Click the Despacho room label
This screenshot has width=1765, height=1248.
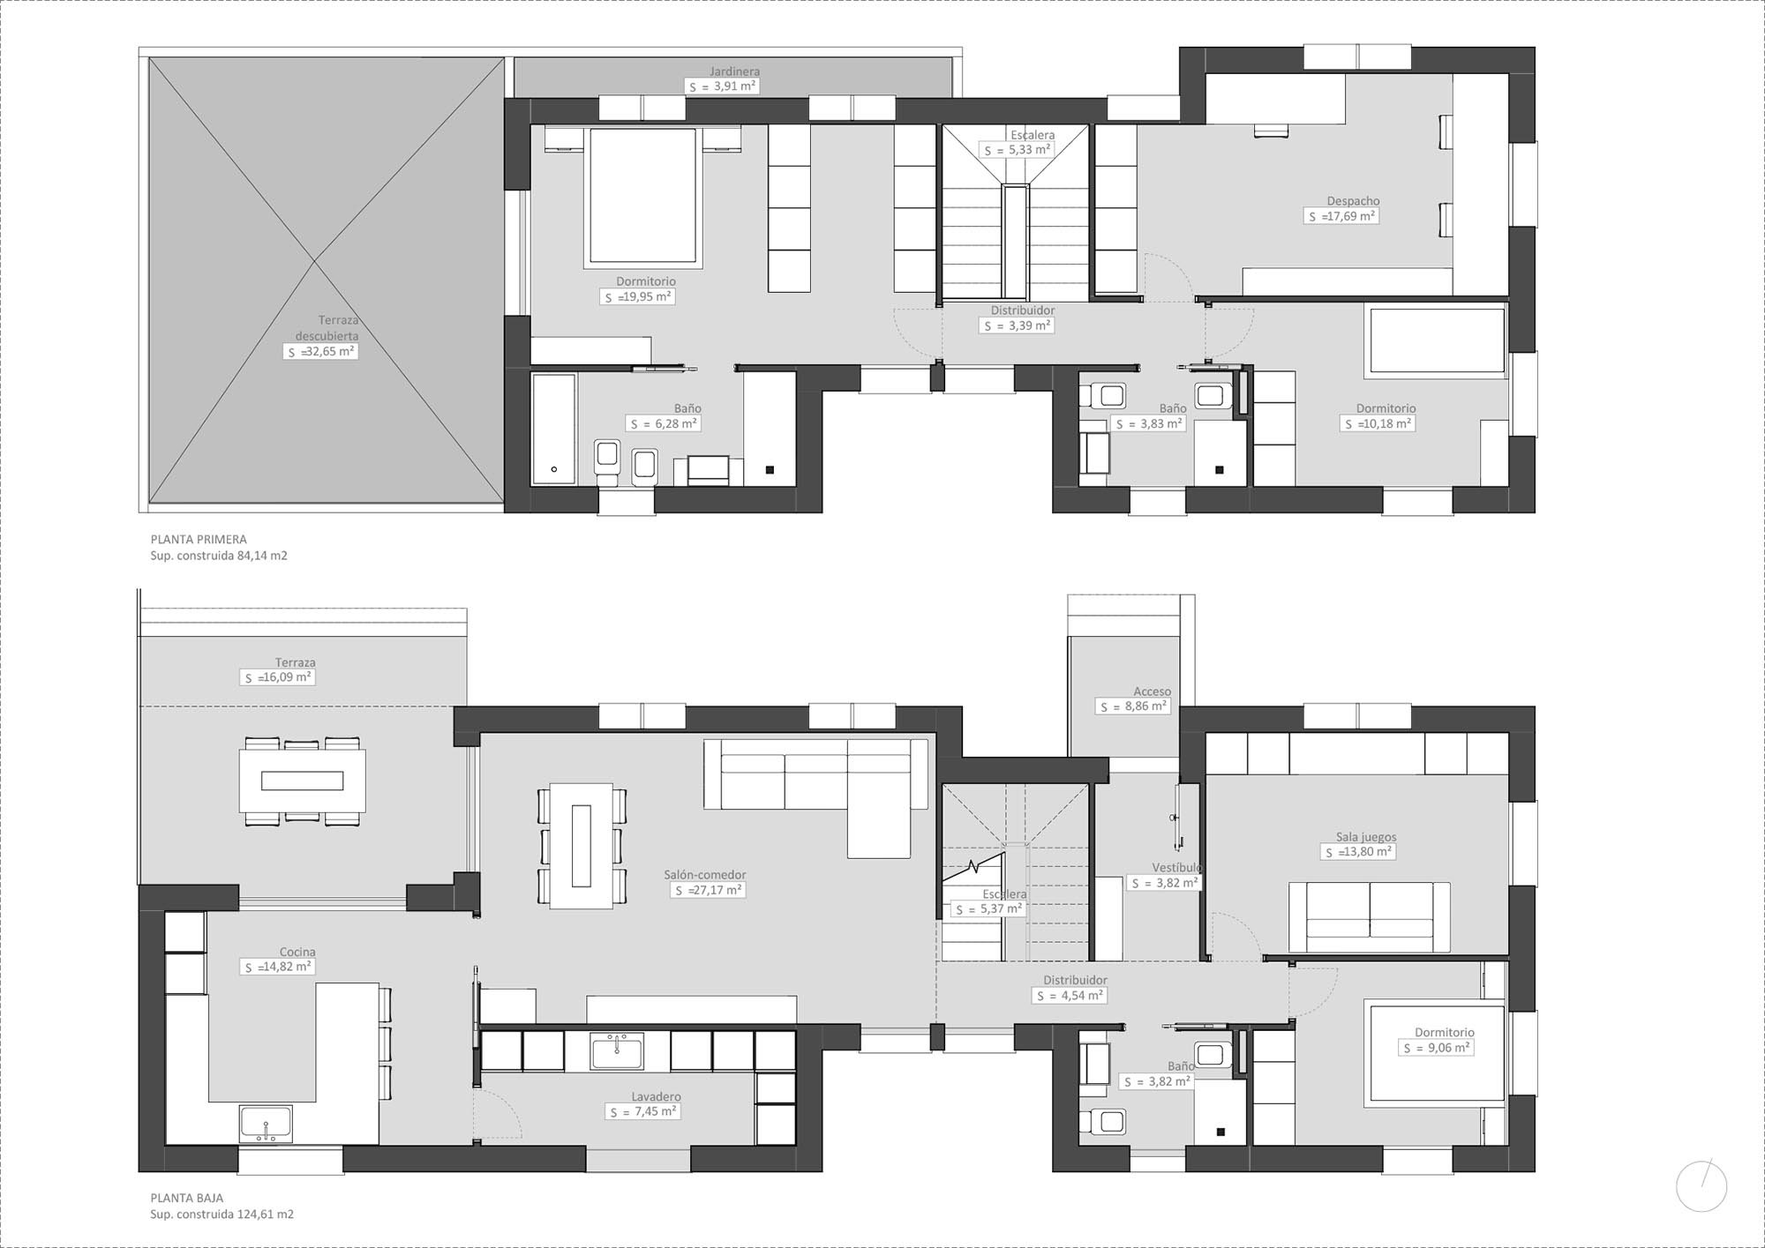click(1353, 201)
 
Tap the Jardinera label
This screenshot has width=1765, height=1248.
click(734, 71)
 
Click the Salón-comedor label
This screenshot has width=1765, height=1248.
click(705, 875)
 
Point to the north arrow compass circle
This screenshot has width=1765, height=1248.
click(1701, 1185)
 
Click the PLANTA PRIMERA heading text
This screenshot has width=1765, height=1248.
click(199, 539)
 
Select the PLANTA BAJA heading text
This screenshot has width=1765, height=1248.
click(187, 1198)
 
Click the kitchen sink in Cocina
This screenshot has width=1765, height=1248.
click(266, 1125)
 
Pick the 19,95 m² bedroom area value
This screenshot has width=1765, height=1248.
click(638, 297)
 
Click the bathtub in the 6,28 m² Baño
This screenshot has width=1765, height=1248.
click(553, 429)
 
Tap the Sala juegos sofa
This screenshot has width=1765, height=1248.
click(1369, 917)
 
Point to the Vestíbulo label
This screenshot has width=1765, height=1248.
click(1176, 868)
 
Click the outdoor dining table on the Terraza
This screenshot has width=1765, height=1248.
click(302, 781)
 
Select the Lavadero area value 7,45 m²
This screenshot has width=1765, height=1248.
click(643, 1112)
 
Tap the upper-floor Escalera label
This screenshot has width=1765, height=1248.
click(1032, 135)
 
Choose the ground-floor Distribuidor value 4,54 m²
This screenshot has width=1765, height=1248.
click(1070, 996)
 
